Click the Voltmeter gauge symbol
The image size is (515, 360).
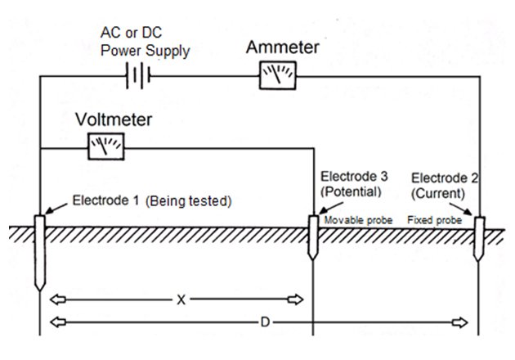point(105,147)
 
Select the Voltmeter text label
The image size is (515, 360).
point(114,119)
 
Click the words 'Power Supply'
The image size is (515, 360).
point(146,52)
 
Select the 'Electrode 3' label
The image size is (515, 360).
point(354,176)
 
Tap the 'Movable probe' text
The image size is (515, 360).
point(359,221)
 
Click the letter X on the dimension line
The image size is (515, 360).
point(181,299)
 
